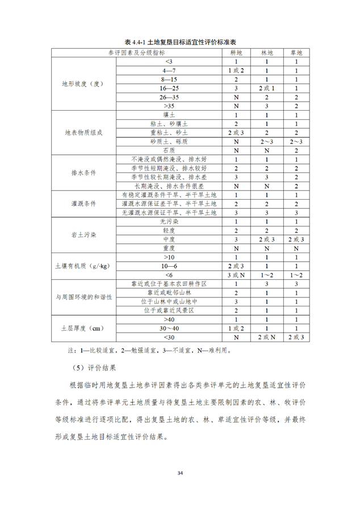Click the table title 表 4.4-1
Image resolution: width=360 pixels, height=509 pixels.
[180, 43]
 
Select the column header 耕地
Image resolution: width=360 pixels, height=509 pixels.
[235, 52]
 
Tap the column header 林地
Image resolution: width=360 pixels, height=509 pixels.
[267, 52]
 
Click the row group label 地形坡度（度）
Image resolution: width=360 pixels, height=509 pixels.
[83, 83]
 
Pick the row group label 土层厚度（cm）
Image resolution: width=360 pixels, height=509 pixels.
[83, 328]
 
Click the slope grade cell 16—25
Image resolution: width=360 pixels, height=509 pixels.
[169, 88]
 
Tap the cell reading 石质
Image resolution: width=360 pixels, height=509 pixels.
[169, 150]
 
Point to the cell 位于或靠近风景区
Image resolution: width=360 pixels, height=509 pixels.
[169, 310]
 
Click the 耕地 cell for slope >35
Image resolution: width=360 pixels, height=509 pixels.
[235, 106]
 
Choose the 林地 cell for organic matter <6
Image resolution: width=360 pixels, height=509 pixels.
[267, 275]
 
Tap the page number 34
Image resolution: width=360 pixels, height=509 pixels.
[180, 472]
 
